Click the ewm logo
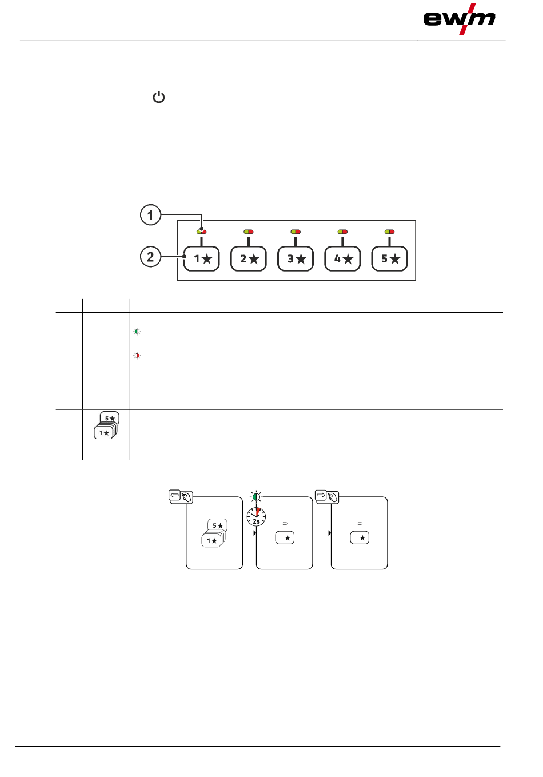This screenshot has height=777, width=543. pyautogui.click(x=459, y=19)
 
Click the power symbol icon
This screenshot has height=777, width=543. pyautogui.click(x=158, y=97)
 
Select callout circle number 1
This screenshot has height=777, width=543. pyautogui.click(x=151, y=215)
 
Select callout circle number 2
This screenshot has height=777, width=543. pyautogui.click(x=151, y=257)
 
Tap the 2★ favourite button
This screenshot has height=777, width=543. pyautogui.click(x=249, y=258)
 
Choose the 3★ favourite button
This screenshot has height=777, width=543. pyautogui.click(x=296, y=258)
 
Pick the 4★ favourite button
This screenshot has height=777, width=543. pyautogui.click(x=342, y=258)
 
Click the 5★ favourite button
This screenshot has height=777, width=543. pyautogui.click(x=389, y=258)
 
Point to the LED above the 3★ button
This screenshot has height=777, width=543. pyautogui.click(x=296, y=232)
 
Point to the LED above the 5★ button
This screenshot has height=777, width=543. pyautogui.click(x=389, y=232)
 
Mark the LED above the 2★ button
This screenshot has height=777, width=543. pyautogui.click(x=249, y=232)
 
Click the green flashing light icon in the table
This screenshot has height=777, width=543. pyautogui.click(x=137, y=332)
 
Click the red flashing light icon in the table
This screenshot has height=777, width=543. pyautogui.click(x=137, y=356)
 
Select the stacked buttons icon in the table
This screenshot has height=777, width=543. pyautogui.click(x=106, y=425)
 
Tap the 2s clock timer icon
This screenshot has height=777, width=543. pyautogui.click(x=256, y=517)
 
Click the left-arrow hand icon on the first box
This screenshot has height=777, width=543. pyautogui.click(x=181, y=496)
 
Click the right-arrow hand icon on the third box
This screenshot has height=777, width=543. pyautogui.click(x=326, y=496)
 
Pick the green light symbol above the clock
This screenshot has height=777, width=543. pyautogui.click(x=257, y=497)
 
